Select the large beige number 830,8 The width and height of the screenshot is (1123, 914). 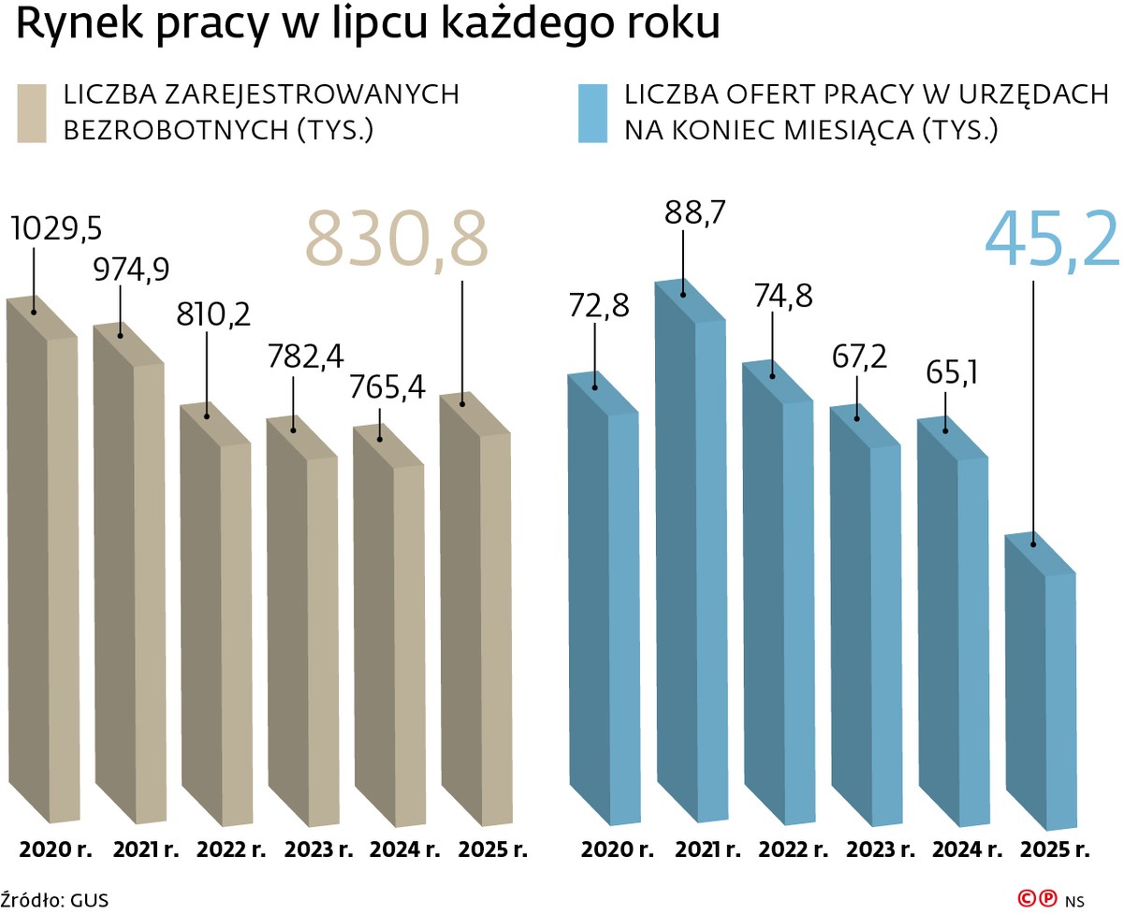tap(397, 240)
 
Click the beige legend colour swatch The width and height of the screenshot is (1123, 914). tap(32, 113)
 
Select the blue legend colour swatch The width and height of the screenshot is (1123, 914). tap(593, 113)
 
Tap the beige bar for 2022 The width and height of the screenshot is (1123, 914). tap(215, 617)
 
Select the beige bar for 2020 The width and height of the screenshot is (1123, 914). tap(41, 561)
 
